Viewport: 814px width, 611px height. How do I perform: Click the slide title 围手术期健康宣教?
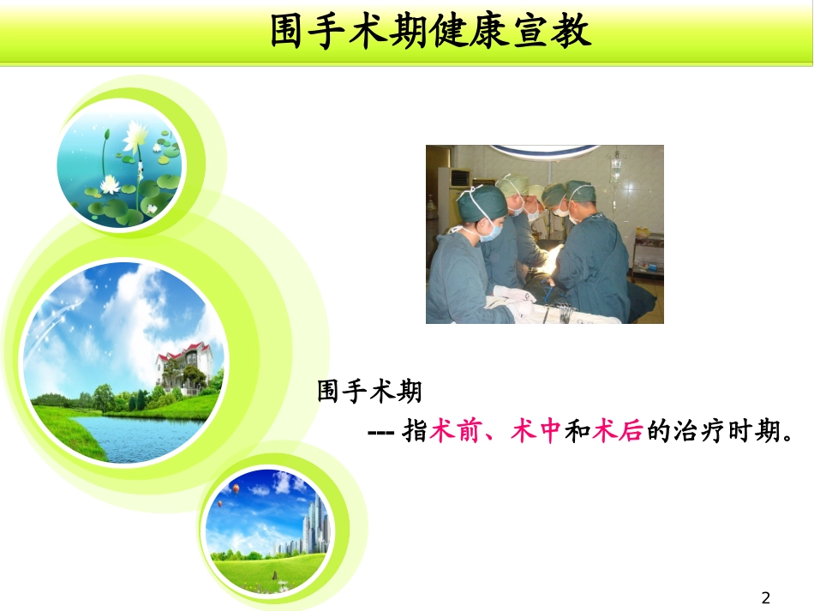point(431,32)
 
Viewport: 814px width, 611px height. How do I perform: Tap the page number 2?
point(766,597)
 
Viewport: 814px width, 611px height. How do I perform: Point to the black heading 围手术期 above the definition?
point(369,392)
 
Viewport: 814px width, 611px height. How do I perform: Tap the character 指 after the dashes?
point(415,432)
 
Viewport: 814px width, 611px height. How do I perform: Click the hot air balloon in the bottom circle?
point(236,488)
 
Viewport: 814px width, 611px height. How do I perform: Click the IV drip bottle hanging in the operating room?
point(615,167)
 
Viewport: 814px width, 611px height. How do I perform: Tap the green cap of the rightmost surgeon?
point(580,189)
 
